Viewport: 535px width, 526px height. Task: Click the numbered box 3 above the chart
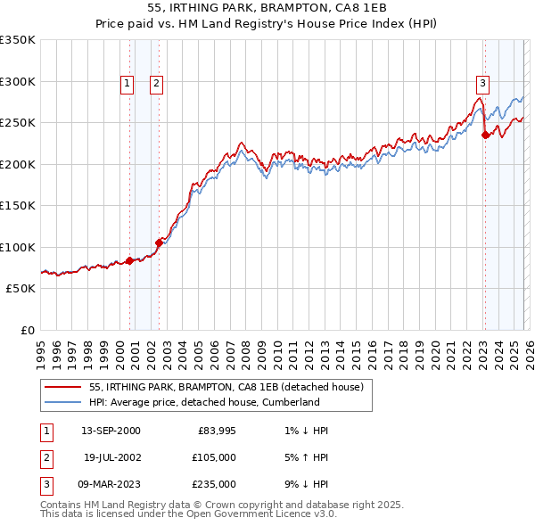coord(482,84)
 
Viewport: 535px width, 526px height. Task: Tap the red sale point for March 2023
coord(485,136)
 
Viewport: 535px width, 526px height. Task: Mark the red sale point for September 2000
coord(130,260)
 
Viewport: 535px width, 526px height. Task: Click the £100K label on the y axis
coord(18,247)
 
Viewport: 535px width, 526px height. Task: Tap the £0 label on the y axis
coord(26,330)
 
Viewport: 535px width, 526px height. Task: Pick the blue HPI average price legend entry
coord(204,402)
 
